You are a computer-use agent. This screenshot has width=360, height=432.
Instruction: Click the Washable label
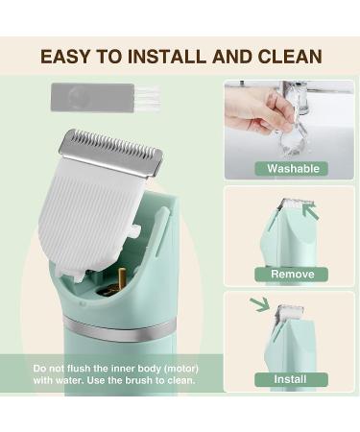(x=292, y=169)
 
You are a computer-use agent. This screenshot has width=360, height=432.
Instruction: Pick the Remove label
(x=291, y=275)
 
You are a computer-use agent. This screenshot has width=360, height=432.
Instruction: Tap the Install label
(x=291, y=379)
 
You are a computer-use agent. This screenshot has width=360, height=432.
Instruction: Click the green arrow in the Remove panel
(x=310, y=211)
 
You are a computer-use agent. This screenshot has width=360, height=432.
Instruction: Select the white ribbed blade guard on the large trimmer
(x=91, y=216)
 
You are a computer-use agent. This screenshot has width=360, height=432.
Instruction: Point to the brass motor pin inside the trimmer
(x=122, y=279)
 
